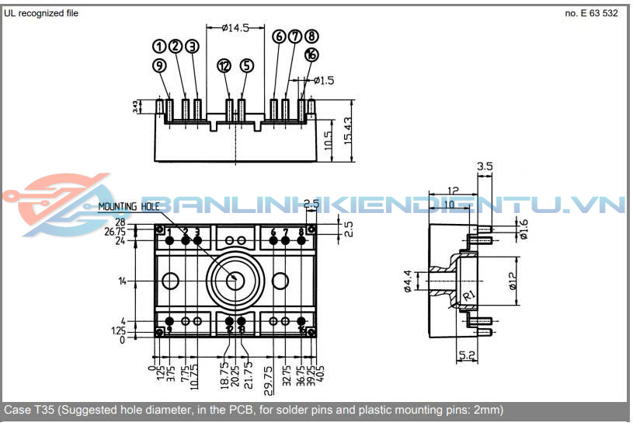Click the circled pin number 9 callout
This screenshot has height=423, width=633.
pyautogui.click(x=159, y=66)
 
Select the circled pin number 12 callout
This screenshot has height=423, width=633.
pyautogui.click(x=224, y=66)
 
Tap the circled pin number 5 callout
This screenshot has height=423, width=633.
pyautogui.click(x=246, y=66)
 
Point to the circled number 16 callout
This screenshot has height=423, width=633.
pyautogui.click(x=311, y=54)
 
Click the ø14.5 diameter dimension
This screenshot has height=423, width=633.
pyautogui.click(x=235, y=28)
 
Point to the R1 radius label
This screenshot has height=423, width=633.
pyautogui.click(x=469, y=296)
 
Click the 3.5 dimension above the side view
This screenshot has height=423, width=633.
pyautogui.click(x=485, y=166)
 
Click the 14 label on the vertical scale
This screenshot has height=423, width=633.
pyautogui.click(x=122, y=281)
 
